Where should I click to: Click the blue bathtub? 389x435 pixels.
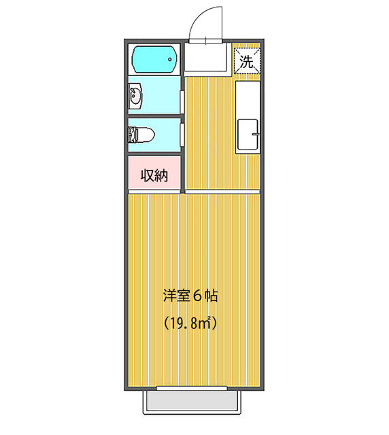(154, 59)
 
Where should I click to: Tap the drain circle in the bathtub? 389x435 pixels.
(170, 59)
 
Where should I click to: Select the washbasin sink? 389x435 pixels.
(135, 96)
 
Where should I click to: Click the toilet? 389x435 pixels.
(141, 135)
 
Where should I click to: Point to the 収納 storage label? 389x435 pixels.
(154, 175)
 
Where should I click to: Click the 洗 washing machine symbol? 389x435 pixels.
(247, 61)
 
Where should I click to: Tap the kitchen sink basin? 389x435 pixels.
(248, 135)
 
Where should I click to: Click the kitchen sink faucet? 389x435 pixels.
(256, 134)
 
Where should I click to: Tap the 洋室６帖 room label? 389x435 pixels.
(190, 296)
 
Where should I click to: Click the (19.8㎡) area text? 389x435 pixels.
(190, 323)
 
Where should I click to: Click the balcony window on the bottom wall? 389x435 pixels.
(192, 388)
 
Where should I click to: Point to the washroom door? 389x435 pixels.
(182, 102)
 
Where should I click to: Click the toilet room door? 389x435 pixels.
(182, 135)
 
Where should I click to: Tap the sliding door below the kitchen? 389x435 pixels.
(222, 192)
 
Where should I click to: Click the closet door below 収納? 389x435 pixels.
(154, 192)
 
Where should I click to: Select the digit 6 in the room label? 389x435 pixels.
(197, 296)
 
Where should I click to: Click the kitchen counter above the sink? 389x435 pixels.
(248, 100)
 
